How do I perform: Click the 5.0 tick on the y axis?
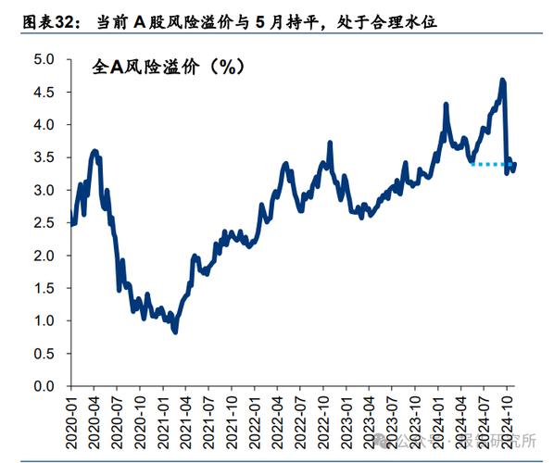[x=44, y=59]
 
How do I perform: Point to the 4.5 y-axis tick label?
[x=44, y=92]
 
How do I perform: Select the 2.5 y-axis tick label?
[x=44, y=222]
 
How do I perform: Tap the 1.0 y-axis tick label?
[x=44, y=320]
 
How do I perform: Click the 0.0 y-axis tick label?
[x=44, y=385]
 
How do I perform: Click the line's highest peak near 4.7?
[x=502, y=81]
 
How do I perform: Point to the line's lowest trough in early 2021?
[x=174, y=332]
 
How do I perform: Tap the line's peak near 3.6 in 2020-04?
[x=94, y=150]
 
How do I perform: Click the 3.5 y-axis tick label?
[x=44, y=157]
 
